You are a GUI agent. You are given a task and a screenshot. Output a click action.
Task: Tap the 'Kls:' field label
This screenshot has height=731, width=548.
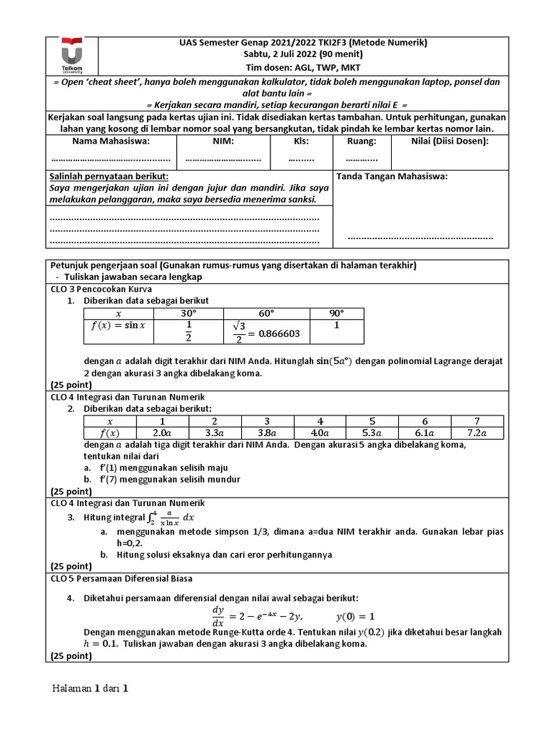point(300,141)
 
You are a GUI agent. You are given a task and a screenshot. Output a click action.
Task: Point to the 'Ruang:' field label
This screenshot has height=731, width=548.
point(362,141)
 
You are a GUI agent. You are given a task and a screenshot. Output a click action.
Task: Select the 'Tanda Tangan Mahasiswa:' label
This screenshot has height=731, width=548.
point(392,176)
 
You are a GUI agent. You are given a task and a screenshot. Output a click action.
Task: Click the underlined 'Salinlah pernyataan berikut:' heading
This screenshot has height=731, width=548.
point(108,176)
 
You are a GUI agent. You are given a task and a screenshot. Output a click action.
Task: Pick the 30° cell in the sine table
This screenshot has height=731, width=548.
point(188,313)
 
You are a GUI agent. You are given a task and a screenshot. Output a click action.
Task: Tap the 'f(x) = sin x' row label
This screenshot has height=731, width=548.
point(118,326)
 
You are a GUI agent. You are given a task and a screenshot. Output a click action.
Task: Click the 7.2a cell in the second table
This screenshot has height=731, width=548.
point(476,433)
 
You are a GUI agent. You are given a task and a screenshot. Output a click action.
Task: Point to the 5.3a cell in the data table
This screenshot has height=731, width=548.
point(372,433)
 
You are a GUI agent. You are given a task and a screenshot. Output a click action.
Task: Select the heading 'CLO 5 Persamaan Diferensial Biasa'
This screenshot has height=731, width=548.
point(121,578)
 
